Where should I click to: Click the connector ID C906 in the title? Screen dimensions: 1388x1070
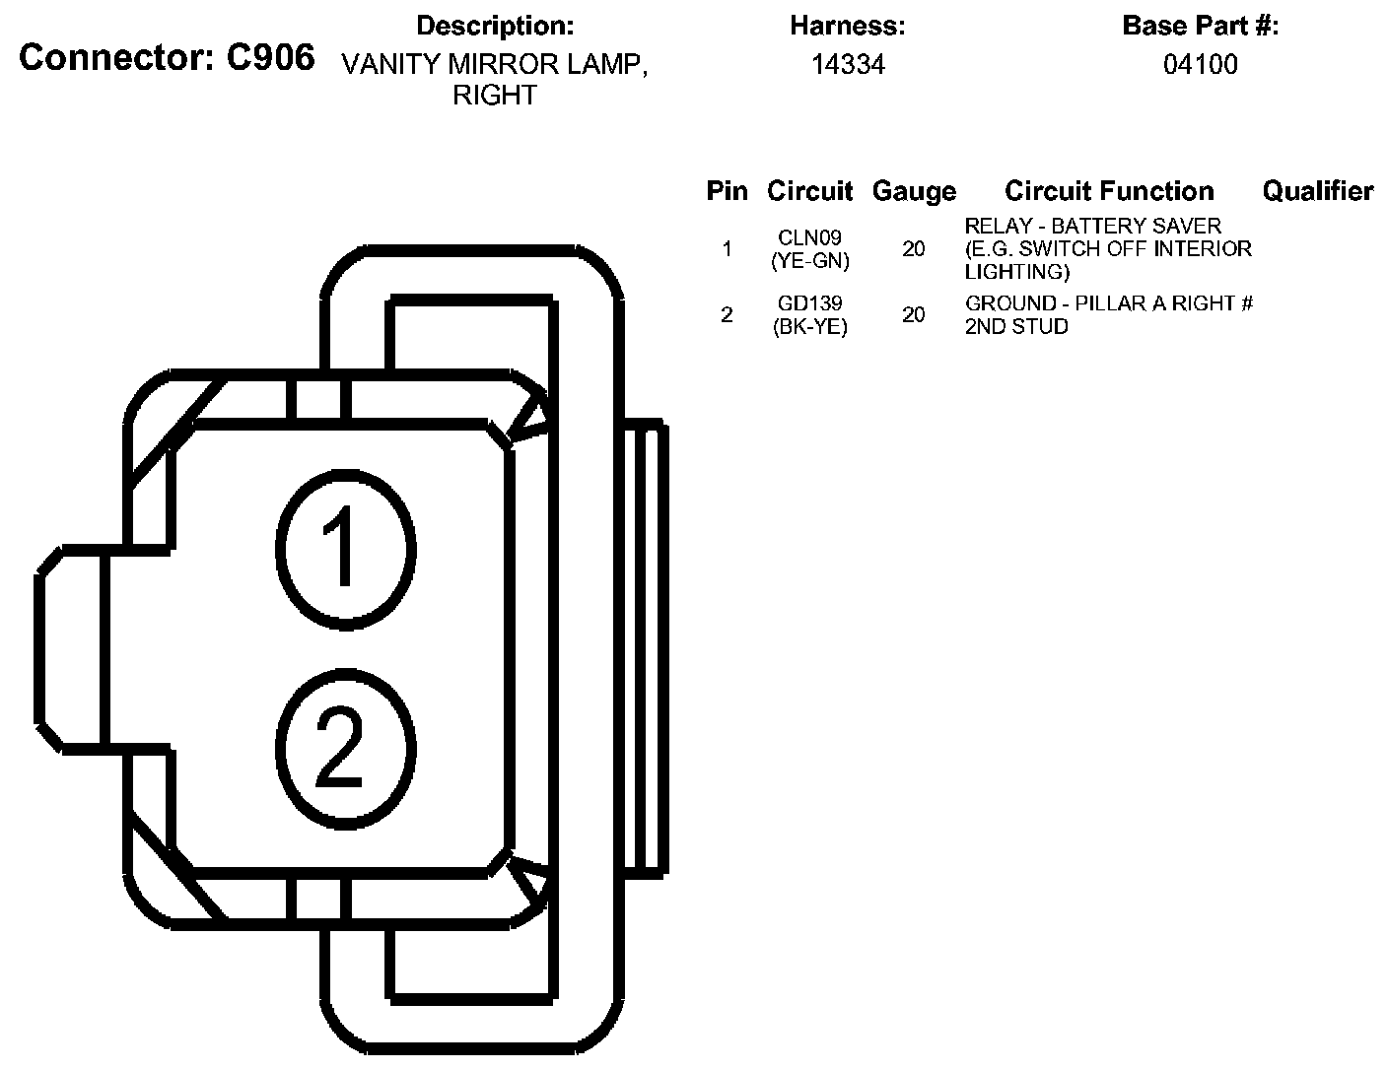pyautogui.click(x=270, y=58)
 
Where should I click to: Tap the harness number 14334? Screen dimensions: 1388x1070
pyautogui.click(x=848, y=65)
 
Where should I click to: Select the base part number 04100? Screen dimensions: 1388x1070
pyautogui.click(x=1200, y=65)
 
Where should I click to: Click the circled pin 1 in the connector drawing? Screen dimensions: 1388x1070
pyautogui.click(x=344, y=548)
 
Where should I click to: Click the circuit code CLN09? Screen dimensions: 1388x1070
pyautogui.click(x=810, y=238)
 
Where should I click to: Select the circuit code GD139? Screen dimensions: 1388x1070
pyautogui.click(x=810, y=304)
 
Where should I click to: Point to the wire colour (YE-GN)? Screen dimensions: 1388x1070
pyautogui.click(x=810, y=261)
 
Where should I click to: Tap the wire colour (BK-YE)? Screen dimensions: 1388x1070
pyautogui.click(x=810, y=327)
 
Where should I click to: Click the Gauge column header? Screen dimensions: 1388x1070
pyautogui.click(x=914, y=191)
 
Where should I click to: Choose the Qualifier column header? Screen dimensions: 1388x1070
pyautogui.click(x=1317, y=191)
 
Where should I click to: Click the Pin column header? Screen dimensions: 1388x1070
pyautogui.click(x=727, y=191)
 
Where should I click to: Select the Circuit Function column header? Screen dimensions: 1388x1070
pyautogui.click(x=1109, y=191)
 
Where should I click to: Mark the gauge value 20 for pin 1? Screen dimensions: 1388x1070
pyautogui.click(x=914, y=249)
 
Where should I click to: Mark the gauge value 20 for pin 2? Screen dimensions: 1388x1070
pyautogui.click(x=914, y=315)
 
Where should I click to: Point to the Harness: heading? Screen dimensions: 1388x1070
pyautogui.click(x=848, y=27)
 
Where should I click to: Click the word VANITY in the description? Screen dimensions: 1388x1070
pyautogui.click(x=390, y=65)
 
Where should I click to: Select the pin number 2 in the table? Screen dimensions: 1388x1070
pyautogui.click(x=727, y=315)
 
